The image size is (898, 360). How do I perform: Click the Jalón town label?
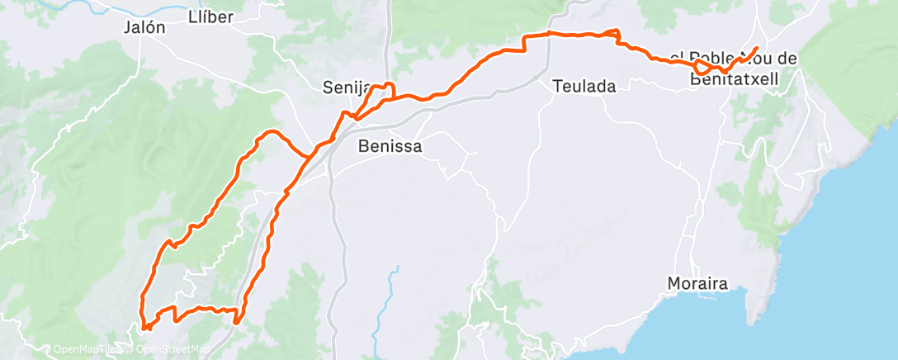144,27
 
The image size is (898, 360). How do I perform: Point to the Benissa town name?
390,147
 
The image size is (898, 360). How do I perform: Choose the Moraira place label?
697,284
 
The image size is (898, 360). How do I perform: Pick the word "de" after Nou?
787,58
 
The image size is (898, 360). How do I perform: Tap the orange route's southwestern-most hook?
145,326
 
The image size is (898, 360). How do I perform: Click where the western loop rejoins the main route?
310,154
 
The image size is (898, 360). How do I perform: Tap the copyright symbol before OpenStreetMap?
127,350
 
